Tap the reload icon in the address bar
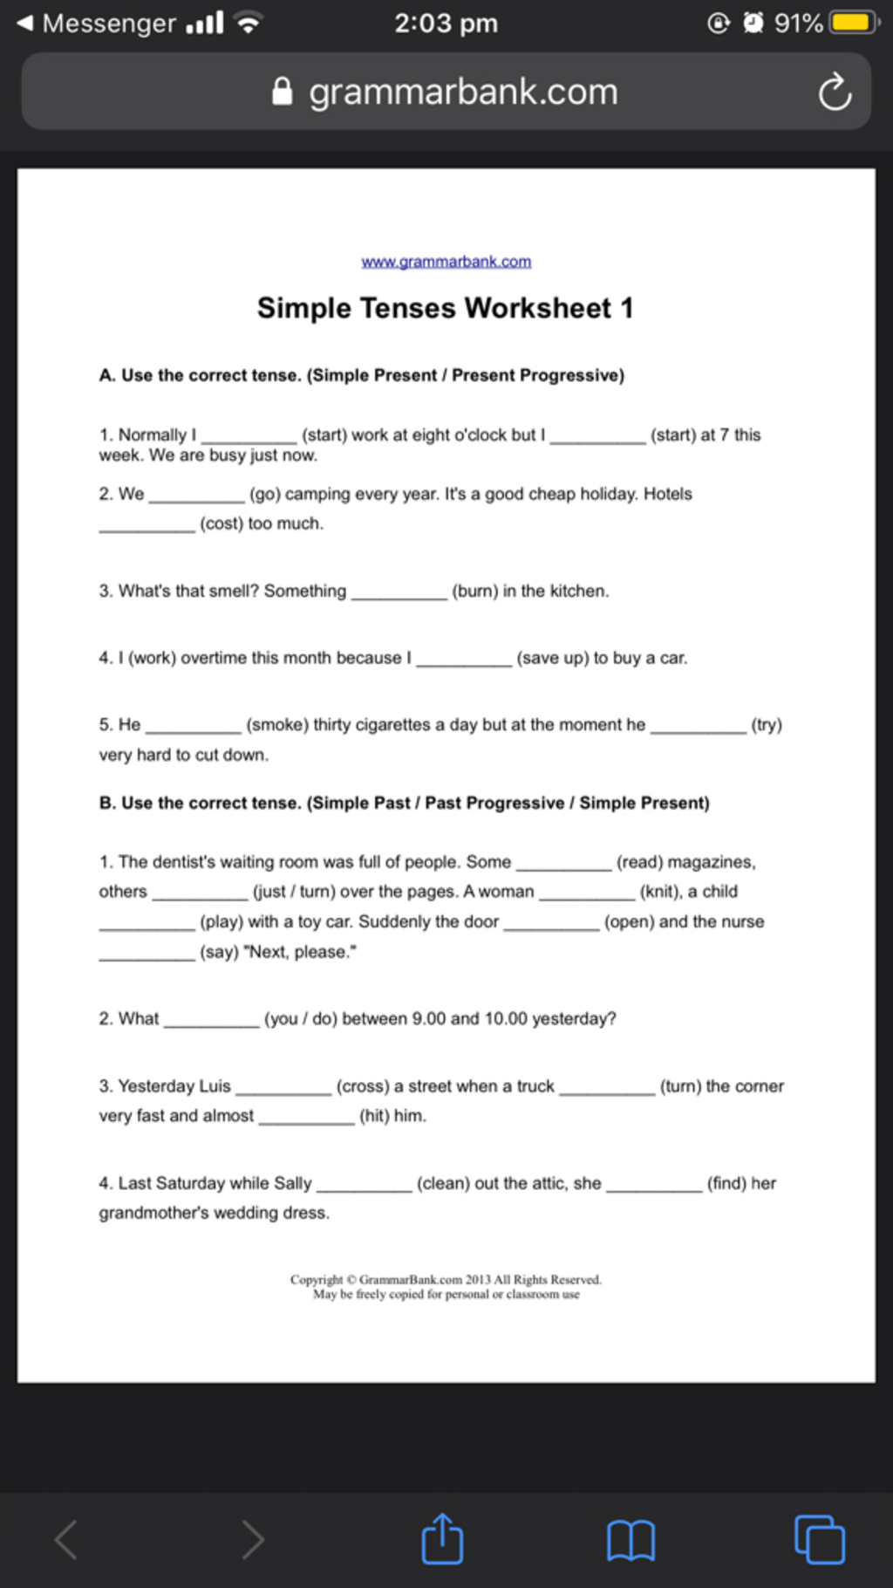coord(835,92)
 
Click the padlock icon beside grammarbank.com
coord(282,92)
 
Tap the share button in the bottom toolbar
coord(442,1539)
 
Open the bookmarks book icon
coord(631,1540)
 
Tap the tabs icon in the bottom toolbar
coord(819,1540)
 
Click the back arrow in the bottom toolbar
coord(66,1539)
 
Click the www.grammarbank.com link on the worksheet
coord(446,262)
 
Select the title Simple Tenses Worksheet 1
coord(445,308)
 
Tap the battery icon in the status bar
coord(854,23)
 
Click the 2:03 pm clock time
coord(446,23)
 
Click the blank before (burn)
coord(399,593)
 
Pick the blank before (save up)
coord(464,661)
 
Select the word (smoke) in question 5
coord(277,725)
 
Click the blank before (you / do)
coord(212,1021)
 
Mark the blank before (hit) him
coord(307,1118)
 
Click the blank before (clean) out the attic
coord(365,1186)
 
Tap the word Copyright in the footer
coord(317,1280)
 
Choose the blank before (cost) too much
coord(147,526)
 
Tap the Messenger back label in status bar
coord(107,23)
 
